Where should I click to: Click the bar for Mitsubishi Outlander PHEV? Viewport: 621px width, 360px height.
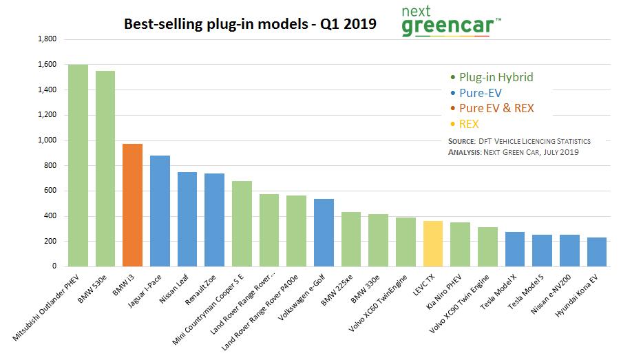click(78, 165)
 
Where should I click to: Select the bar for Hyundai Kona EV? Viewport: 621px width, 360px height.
click(597, 252)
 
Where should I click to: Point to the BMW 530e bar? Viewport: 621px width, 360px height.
click(105, 169)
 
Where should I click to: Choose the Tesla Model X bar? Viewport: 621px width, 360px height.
click(515, 249)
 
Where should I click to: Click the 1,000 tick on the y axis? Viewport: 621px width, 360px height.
click(47, 140)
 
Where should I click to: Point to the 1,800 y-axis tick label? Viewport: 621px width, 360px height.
click(47, 39)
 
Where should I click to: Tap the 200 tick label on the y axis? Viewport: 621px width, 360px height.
click(50, 242)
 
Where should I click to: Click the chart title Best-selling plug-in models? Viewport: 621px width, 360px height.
click(250, 24)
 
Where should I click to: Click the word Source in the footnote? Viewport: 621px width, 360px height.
click(461, 141)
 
